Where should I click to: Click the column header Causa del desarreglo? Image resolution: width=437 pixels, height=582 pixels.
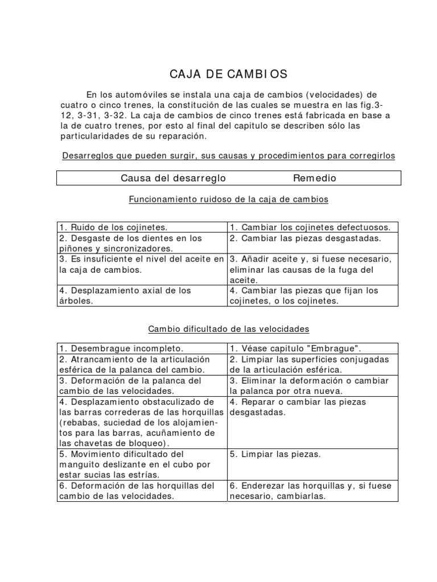tap(174, 178)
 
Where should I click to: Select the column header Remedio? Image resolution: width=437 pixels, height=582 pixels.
tap(314, 178)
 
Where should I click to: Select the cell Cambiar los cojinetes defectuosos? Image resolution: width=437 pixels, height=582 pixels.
tap(313, 227)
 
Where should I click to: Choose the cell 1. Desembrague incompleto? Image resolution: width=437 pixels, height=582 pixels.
tap(121, 348)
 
